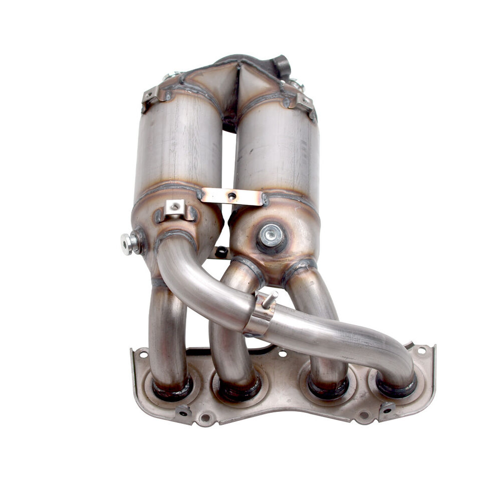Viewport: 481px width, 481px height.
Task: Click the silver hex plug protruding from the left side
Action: click(x=129, y=244)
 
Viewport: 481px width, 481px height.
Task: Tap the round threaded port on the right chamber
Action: click(x=272, y=233)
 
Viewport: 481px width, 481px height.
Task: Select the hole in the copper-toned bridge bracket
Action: click(x=231, y=196)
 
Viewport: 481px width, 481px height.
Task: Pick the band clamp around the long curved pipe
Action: click(x=259, y=314)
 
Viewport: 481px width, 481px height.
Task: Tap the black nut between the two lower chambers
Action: click(x=220, y=252)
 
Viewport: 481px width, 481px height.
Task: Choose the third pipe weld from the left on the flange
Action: click(x=328, y=387)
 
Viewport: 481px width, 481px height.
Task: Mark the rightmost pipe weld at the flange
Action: click(x=396, y=386)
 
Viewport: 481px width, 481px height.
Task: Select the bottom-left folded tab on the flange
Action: click(x=183, y=411)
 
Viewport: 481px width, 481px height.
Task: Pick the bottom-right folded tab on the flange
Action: click(x=386, y=409)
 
